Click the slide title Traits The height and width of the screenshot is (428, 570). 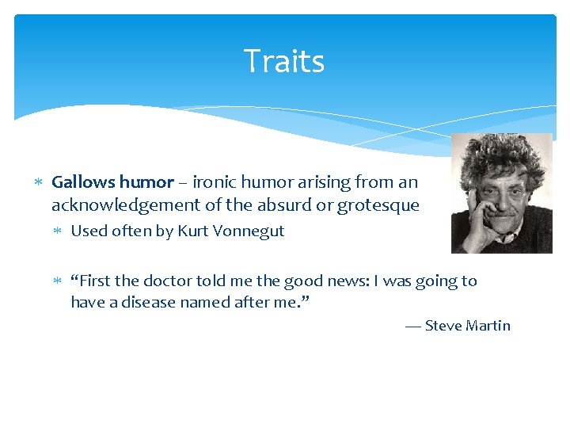pos(284,62)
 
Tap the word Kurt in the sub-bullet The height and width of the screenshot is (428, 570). pos(192,231)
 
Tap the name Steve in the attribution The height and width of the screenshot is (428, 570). pos(443,326)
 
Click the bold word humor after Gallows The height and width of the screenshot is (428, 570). pos(145,182)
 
